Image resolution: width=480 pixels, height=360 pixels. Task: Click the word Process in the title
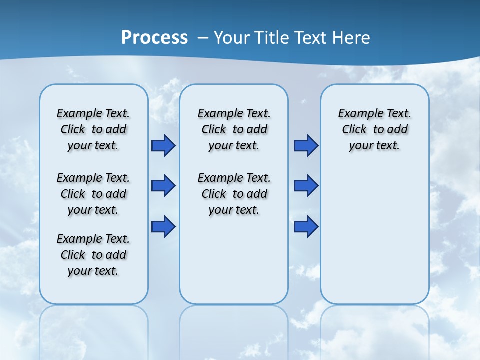click(x=154, y=38)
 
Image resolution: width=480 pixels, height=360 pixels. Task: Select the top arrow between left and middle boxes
click(x=163, y=146)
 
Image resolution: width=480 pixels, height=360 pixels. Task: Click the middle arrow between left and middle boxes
click(x=163, y=186)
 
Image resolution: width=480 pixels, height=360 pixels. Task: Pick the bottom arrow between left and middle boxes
click(x=163, y=227)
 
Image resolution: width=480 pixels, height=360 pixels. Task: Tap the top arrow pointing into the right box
click(x=306, y=146)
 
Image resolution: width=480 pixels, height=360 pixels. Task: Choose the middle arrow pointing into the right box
click(x=306, y=186)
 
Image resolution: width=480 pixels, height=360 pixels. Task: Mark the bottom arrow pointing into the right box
click(x=306, y=227)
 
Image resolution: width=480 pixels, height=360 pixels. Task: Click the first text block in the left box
click(x=93, y=129)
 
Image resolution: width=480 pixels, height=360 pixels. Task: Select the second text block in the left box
click(x=93, y=194)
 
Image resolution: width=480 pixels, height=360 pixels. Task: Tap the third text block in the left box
click(x=93, y=255)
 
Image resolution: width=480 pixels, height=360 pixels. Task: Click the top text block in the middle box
click(x=234, y=129)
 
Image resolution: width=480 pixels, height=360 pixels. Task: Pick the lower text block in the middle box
click(x=234, y=194)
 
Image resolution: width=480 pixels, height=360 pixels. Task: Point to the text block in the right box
click(x=374, y=129)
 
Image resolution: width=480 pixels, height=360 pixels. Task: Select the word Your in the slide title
click(x=231, y=38)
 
